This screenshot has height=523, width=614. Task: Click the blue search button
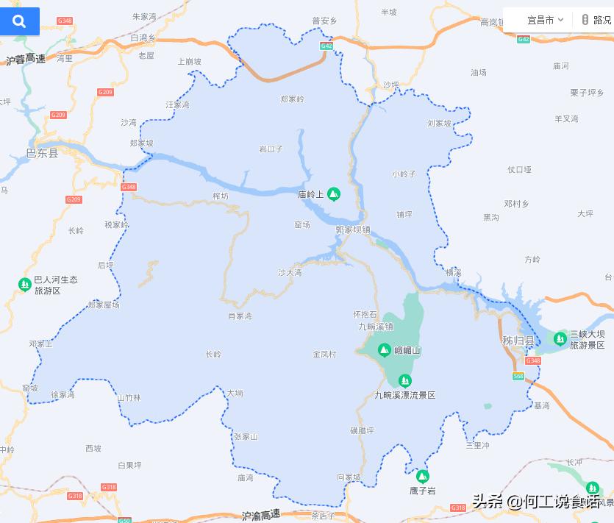pos(19,21)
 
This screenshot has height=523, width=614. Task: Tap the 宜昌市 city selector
pos(545,20)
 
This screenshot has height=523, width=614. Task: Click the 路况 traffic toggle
pos(596,20)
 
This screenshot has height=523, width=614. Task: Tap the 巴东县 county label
pos(42,153)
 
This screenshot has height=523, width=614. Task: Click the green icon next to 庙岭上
pos(333,194)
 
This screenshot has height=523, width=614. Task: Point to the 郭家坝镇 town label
pos(353,230)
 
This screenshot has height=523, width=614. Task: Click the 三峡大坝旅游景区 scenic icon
pos(560,338)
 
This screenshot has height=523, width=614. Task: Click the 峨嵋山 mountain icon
pos(383,350)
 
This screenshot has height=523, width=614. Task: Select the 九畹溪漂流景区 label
pos(404,395)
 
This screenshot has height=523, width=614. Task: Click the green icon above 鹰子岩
pos(422,475)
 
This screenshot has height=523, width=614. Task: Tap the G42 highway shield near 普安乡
pos(326,46)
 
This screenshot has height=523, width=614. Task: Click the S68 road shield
pos(518,377)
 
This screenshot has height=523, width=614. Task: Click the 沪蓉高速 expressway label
pos(26,59)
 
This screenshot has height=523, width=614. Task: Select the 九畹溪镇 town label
pos(375,327)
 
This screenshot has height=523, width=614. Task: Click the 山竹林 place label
pos(129,398)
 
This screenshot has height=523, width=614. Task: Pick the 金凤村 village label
pos(324,355)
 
